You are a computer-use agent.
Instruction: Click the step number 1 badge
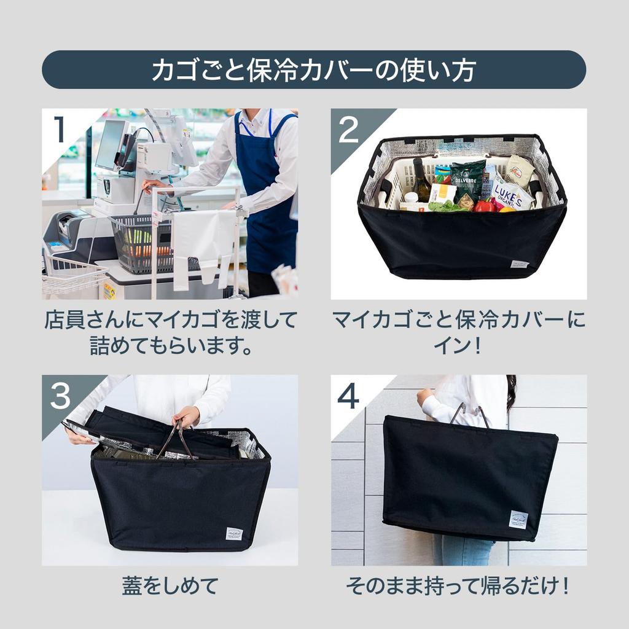tap(60, 130)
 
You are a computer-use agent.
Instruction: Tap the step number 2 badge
tap(348, 130)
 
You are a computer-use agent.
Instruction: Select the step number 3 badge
tap(60, 396)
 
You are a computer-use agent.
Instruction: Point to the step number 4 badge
tap(348, 396)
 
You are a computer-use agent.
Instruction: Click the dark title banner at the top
tap(314, 69)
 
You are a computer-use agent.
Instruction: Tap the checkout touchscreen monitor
tap(111, 144)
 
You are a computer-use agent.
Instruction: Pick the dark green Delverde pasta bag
tap(467, 179)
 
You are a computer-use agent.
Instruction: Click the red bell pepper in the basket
tap(485, 206)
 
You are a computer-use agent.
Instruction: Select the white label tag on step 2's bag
tap(519, 264)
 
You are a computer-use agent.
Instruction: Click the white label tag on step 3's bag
tap(233, 533)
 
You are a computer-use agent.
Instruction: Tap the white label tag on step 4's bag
tap(518, 520)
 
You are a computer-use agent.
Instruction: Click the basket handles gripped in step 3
tap(176, 439)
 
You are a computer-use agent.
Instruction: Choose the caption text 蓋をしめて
tap(170, 585)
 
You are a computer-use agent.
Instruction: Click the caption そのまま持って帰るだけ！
tap(458, 585)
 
